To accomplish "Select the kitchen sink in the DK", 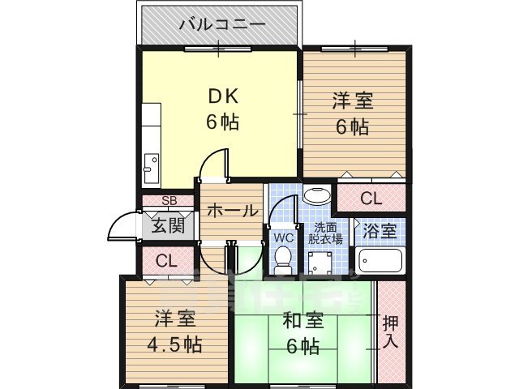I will point(152,169).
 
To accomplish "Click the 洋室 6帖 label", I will point(350,113).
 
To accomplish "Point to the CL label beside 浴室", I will point(371,198).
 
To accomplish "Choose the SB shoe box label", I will point(169,201).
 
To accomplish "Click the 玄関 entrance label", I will point(169,226).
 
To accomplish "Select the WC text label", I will point(283,238).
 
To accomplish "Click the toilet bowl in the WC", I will point(283,259).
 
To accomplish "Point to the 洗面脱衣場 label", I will point(328,233).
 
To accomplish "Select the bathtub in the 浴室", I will point(378,263).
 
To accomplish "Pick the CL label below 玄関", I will point(166,261).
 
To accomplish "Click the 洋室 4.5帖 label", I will point(174,331).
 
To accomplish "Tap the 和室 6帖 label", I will point(303,331).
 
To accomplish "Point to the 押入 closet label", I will point(390,331).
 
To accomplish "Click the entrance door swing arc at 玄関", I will point(122,225).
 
